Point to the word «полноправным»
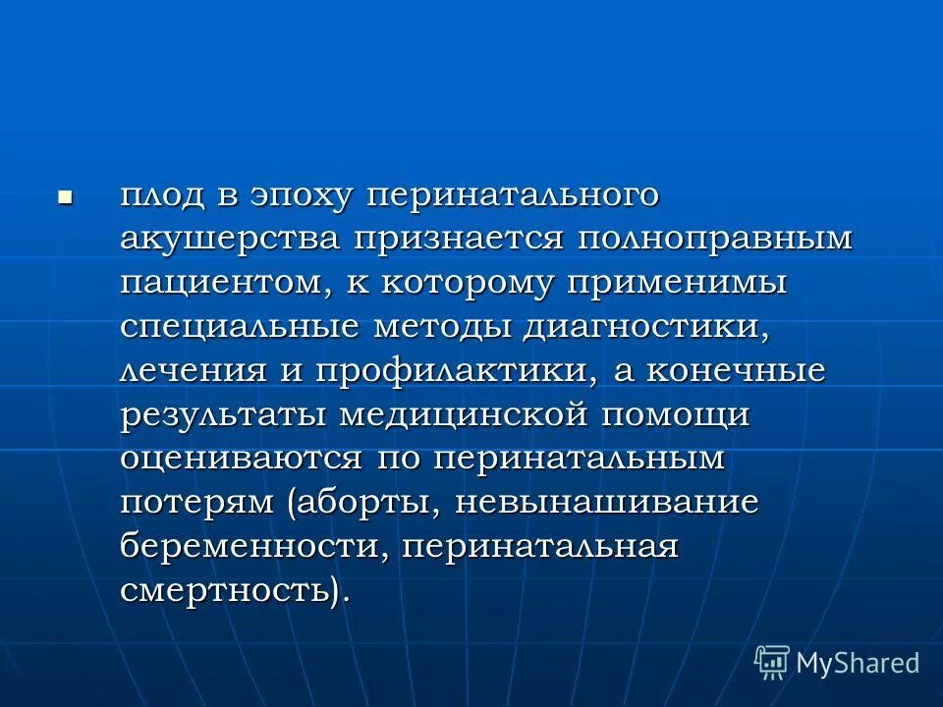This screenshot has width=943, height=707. pyautogui.click(x=715, y=239)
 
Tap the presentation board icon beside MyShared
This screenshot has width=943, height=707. pyautogui.click(x=772, y=663)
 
